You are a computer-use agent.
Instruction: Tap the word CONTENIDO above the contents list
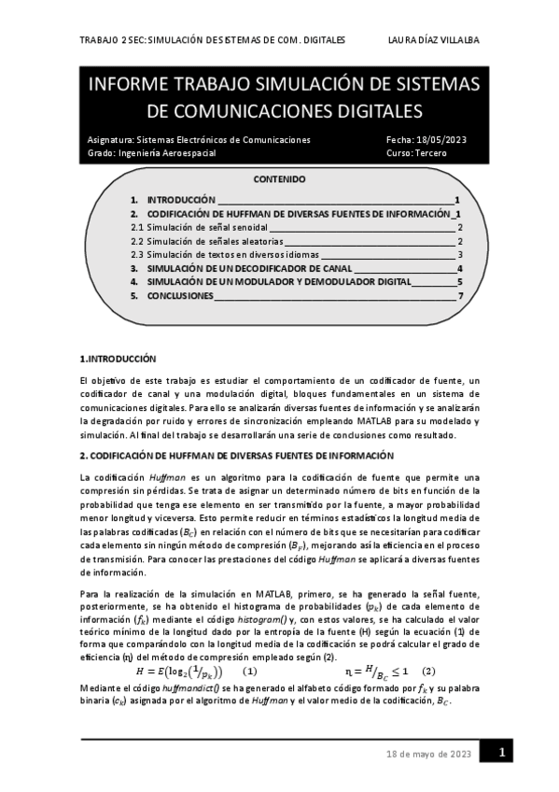[280, 179]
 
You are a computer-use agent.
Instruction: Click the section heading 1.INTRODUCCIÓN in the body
[118, 359]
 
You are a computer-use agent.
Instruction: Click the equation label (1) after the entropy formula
[249, 672]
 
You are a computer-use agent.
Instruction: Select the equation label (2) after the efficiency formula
[428, 672]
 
